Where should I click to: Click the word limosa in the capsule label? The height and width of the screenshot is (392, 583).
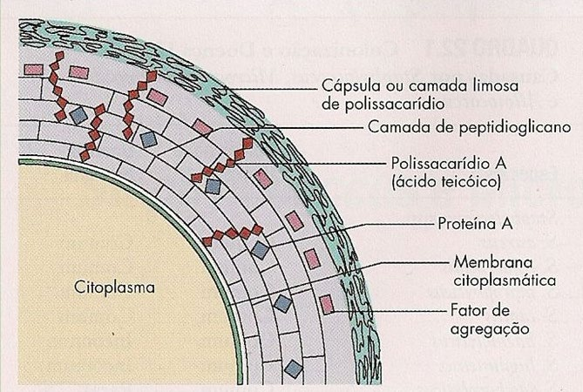[x=466, y=88]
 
